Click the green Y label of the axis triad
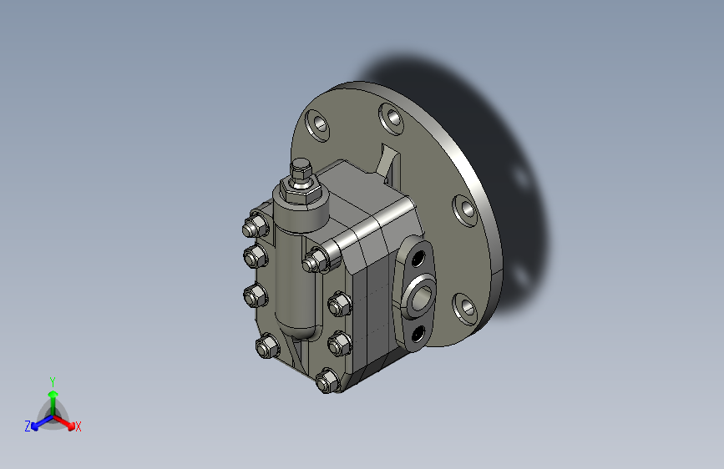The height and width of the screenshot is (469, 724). click(x=53, y=381)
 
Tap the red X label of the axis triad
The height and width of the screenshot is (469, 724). click(x=78, y=426)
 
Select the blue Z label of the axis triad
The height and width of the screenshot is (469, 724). click(x=28, y=426)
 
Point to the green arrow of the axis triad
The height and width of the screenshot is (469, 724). click(x=53, y=403)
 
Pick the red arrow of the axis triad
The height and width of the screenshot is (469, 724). click(x=64, y=422)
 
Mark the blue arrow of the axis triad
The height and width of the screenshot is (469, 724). click(x=42, y=422)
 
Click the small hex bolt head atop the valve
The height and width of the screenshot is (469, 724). click(x=301, y=168)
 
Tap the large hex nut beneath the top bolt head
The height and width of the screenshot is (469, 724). click(x=301, y=189)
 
